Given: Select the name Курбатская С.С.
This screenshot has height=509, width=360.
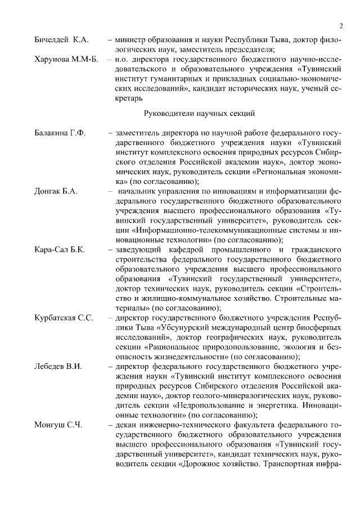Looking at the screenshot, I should [64, 318].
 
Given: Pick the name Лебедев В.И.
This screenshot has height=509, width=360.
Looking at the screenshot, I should [58, 366].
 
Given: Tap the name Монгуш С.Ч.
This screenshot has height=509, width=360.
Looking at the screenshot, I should [58, 425].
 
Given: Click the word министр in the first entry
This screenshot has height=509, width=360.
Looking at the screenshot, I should [130, 40].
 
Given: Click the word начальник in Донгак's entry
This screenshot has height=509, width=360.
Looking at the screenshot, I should [138, 191].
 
